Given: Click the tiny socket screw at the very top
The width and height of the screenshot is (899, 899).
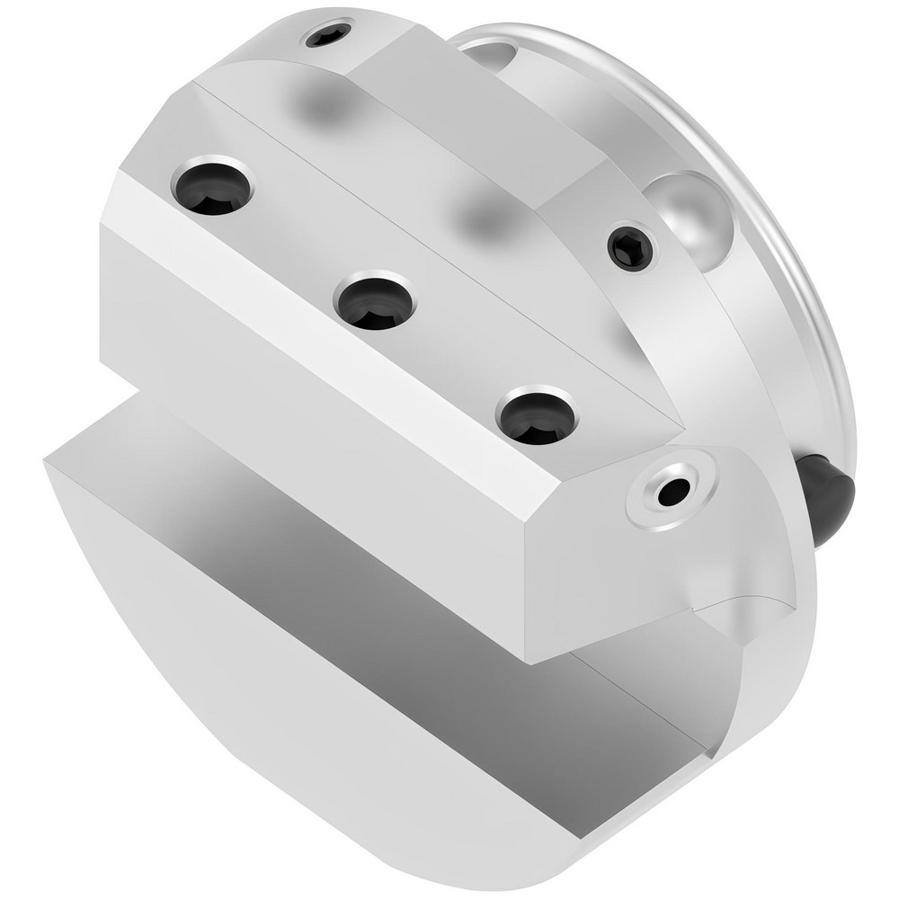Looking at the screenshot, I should pos(328,36).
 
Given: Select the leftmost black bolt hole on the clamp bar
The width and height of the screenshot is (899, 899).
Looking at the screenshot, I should pos(213,187).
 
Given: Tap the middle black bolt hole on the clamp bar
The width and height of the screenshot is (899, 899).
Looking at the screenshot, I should pos(375,300).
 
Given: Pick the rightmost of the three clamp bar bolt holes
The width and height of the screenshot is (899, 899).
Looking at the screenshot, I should pos(538,416).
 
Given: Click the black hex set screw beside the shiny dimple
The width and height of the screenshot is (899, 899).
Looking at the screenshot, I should pos(630,247).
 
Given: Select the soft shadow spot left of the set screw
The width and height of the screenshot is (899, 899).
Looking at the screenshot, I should pos(485,216).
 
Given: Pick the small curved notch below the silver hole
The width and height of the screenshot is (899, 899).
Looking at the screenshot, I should pos(728,611).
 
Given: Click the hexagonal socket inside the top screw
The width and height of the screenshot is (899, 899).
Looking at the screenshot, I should pos(328,36).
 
